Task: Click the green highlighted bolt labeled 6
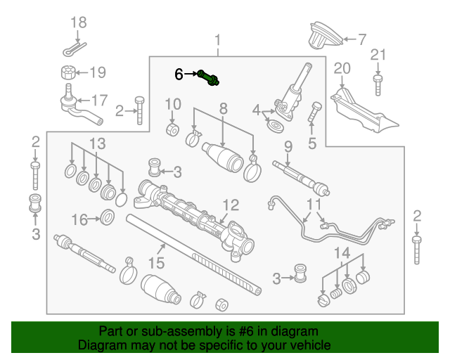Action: [x=209, y=77]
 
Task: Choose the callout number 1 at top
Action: [x=217, y=40]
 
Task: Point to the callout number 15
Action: [x=156, y=263]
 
